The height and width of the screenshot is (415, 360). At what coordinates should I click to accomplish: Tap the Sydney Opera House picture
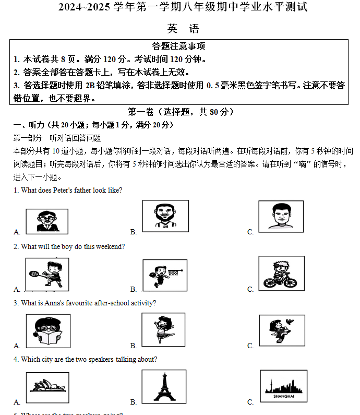[47, 387]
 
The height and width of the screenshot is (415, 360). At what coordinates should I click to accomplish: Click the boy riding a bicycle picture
[281, 274]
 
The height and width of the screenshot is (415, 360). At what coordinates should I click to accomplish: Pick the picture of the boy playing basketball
[164, 275]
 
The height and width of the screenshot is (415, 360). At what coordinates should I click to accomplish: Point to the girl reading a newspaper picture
[48, 331]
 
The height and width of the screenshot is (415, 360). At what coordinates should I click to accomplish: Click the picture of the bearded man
[165, 216]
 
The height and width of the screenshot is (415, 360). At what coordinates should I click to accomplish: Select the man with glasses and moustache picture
[47, 220]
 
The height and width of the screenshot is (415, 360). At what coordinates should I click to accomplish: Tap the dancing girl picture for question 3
[163, 330]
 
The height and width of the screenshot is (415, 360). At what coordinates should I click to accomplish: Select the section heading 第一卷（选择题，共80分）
[181, 112]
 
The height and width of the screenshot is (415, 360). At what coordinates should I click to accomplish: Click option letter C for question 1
[250, 232]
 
